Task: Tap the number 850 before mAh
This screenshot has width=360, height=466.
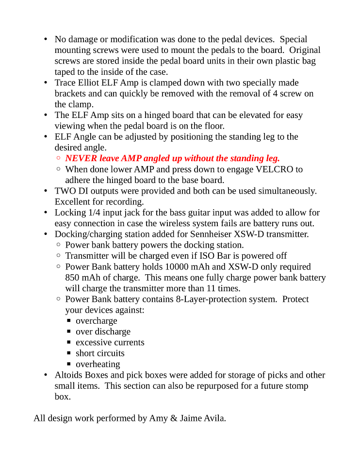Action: (73, 278)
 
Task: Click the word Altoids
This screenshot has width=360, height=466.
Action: (68, 375)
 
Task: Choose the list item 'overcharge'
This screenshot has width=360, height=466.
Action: (96, 321)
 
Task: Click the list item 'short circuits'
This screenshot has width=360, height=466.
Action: (100, 353)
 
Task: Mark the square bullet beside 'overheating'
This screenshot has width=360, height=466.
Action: (69, 364)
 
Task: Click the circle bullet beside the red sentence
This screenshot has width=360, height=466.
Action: (58, 158)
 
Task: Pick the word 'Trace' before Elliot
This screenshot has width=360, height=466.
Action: (65, 83)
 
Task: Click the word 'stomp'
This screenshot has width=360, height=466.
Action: (295, 386)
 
